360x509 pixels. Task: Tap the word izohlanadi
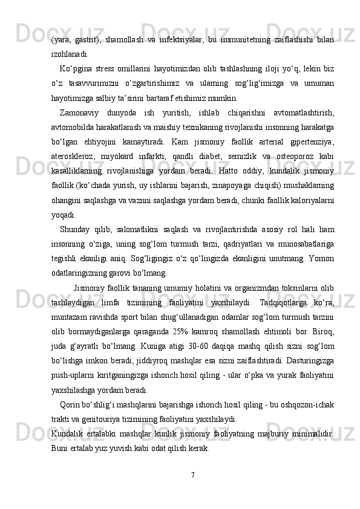point(68,54)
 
